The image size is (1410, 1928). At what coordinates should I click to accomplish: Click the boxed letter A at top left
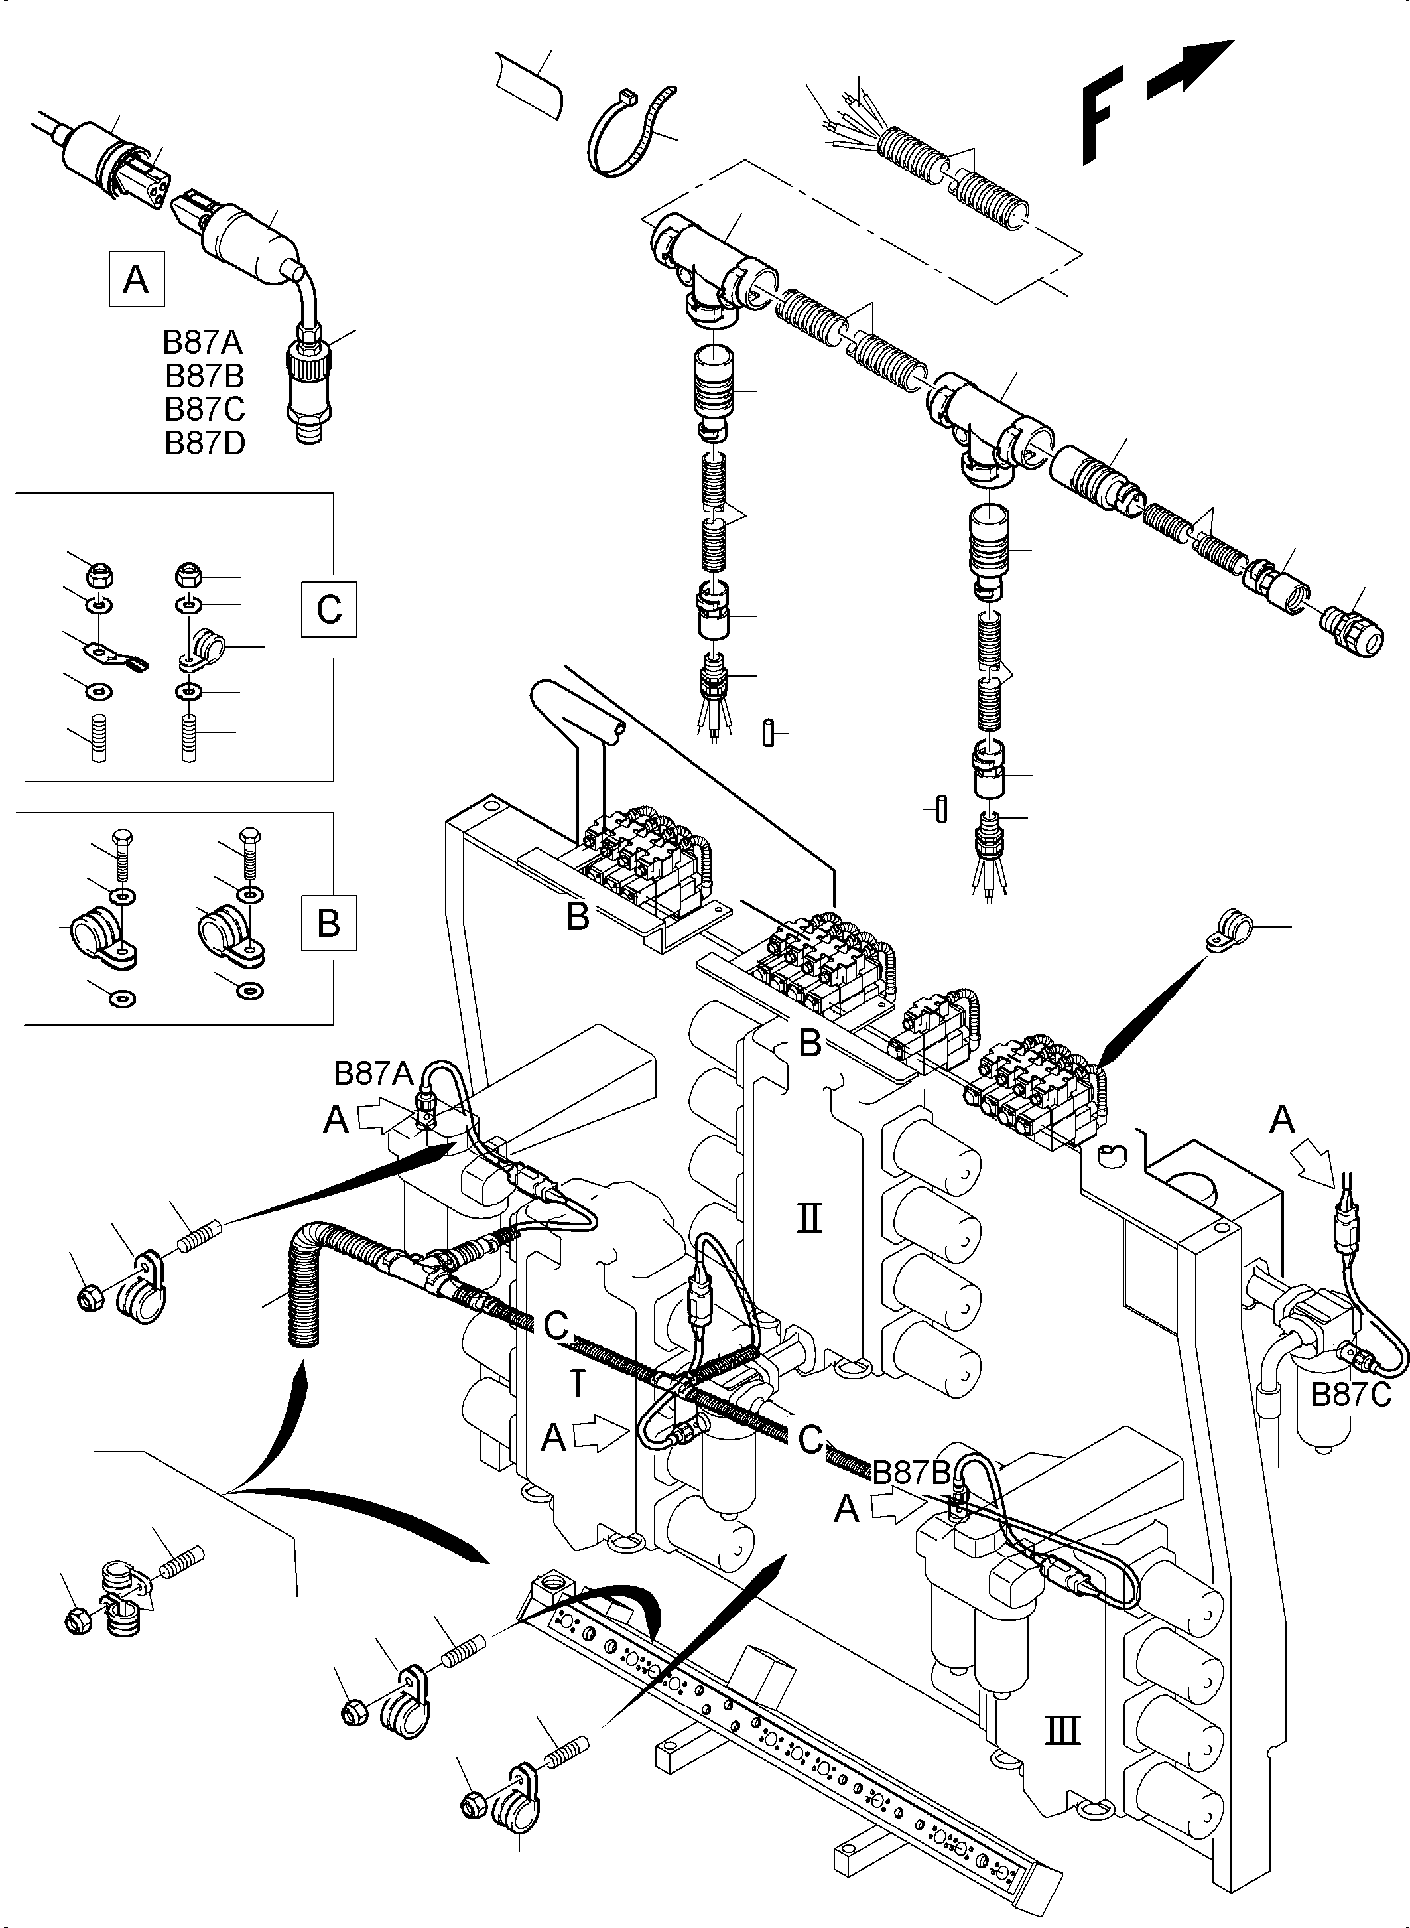click(x=136, y=279)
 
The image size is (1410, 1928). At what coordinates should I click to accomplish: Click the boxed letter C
click(x=328, y=610)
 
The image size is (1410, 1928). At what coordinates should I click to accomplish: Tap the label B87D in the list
click(x=205, y=443)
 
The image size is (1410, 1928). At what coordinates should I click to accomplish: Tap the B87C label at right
click(x=1351, y=1395)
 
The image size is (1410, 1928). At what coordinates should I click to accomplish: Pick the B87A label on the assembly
click(x=373, y=1073)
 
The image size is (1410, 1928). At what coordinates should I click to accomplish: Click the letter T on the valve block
click(x=578, y=1385)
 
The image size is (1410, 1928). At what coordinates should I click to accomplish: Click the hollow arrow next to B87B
click(x=895, y=1509)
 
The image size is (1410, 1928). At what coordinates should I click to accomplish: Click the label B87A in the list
click(x=203, y=342)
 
